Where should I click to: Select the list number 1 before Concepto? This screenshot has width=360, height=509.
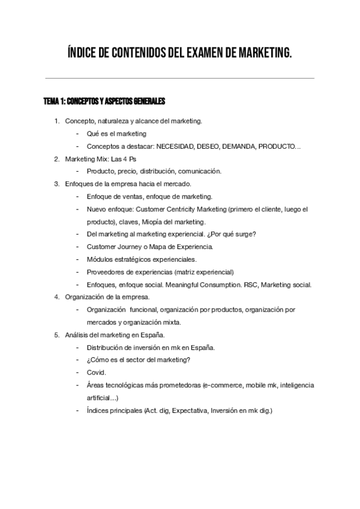(56, 121)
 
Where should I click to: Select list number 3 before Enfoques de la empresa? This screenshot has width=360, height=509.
(56, 184)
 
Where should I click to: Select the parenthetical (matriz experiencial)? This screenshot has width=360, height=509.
(203, 271)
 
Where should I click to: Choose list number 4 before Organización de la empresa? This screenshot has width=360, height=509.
(56, 297)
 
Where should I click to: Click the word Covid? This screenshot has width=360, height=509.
(96, 372)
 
